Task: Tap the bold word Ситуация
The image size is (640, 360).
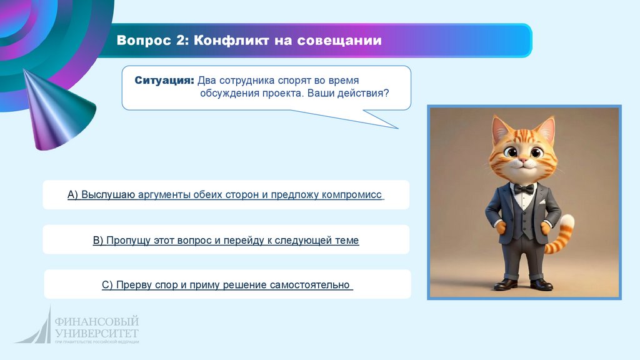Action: (x=164, y=81)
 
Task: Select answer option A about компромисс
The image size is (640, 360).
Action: (x=226, y=195)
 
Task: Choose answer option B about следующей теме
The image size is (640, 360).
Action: (x=226, y=240)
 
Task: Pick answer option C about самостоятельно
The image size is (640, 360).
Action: (x=227, y=284)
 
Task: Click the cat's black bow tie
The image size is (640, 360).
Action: (x=524, y=189)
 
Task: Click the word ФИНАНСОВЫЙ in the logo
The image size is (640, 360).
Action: (x=97, y=322)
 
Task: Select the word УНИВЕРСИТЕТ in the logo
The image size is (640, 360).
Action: (x=97, y=333)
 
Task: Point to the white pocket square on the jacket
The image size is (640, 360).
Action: (x=542, y=202)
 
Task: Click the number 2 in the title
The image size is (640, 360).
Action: (x=181, y=40)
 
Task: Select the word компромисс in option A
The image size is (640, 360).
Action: (x=351, y=195)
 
